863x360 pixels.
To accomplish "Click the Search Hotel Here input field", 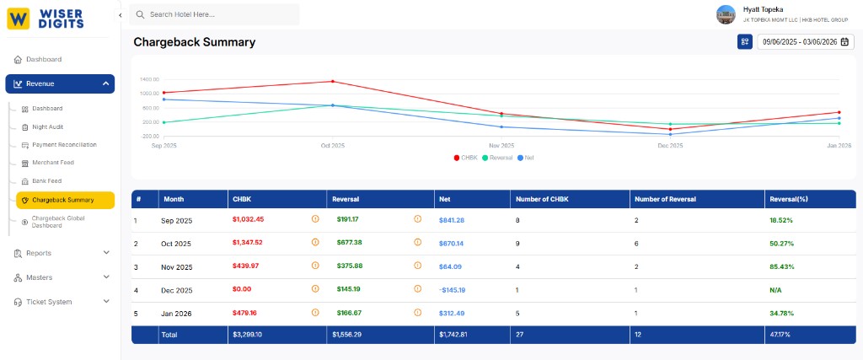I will pyautogui.click(x=219, y=14).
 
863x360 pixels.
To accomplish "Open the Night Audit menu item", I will pyautogui.click(x=47, y=126).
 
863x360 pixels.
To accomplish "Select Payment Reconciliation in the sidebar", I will pyautogui.click(x=64, y=145).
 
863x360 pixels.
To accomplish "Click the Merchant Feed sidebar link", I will pyautogui.click(x=53, y=163).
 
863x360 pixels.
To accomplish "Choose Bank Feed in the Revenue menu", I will pyautogui.click(x=47, y=181).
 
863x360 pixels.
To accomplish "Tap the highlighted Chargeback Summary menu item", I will pyautogui.click(x=63, y=200).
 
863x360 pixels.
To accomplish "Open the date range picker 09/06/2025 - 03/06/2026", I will pyautogui.click(x=799, y=41).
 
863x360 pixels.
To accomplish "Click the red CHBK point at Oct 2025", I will pyautogui.click(x=333, y=82).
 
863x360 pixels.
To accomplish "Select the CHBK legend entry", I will pyautogui.click(x=466, y=158).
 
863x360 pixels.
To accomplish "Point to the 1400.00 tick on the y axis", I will pyautogui.click(x=150, y=79).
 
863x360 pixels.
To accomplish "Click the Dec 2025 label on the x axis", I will pyautogui.click(x=670, y=146).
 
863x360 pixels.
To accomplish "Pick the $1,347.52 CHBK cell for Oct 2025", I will pyautogui.click(x=248, y=243).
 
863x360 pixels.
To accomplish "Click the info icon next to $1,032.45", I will pyautogui.click(x=315, y=219).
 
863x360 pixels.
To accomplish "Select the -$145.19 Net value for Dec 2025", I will pyautogui.click(x=453, y=290).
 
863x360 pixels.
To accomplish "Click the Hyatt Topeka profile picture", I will pyautogui.click(x=726, y=14).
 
